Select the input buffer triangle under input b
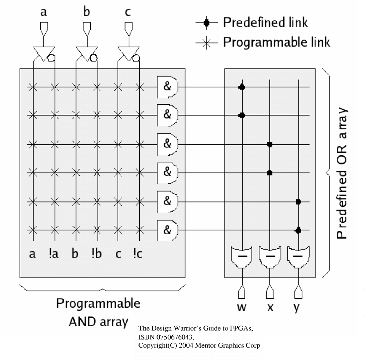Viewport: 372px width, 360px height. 86,53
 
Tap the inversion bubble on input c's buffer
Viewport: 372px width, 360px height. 136,58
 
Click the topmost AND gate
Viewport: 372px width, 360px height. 167,87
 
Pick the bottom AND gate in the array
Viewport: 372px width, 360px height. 167,230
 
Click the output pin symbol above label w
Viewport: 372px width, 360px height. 242,292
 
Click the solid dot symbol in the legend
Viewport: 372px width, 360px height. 207,22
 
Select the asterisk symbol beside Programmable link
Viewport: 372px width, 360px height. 207,43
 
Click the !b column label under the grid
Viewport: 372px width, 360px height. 96,253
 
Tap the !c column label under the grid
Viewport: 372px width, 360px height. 137,253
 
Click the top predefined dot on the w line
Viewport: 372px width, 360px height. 242,87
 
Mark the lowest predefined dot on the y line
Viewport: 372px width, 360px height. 298,230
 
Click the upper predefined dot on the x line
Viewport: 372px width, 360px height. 270,144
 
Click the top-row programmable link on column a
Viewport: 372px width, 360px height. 33,87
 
